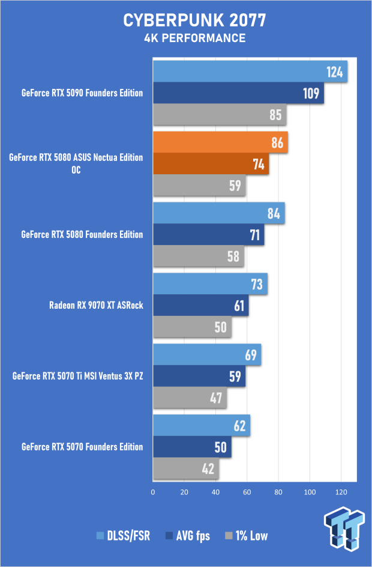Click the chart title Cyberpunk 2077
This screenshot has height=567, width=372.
(x=185, y=21)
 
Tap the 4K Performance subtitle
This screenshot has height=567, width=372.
(x=186, y=38)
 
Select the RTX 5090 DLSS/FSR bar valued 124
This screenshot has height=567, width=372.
(x=250, y=73)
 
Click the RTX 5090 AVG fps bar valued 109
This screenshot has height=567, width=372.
(x=238, y=93)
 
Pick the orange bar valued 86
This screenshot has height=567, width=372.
(x=220, y=143)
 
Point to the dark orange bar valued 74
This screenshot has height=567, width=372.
(x=211, y=164)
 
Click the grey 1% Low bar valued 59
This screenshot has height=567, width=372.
(x=199, y=185)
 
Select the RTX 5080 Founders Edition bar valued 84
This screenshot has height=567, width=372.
(x=218, y=213)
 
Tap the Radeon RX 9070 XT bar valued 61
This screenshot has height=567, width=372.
(x=200, y=305)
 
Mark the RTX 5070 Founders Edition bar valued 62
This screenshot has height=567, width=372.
(x=201, y=426)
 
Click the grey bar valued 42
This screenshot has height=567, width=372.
(x=185, y=468)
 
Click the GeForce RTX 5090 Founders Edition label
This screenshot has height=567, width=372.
(x=82, y=93)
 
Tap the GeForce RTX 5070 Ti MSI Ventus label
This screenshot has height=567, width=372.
(x=78, y=376)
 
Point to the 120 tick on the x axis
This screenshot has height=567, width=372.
(x=341, y=493)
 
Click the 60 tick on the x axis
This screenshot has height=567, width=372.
(x=247, y=493)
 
